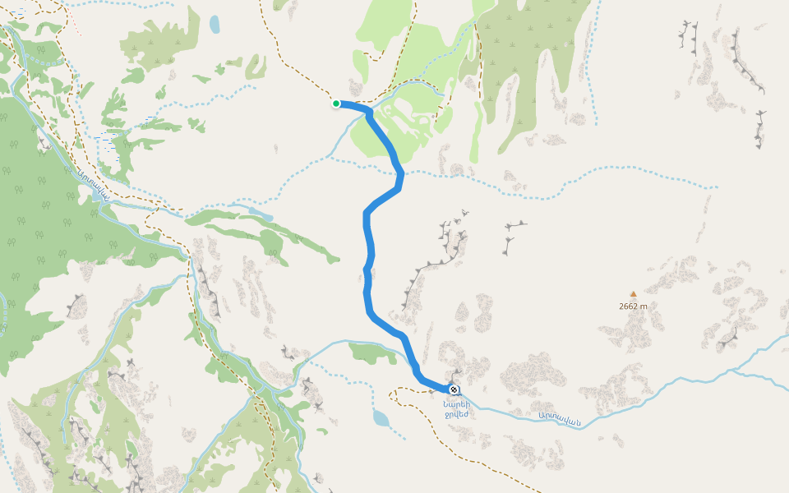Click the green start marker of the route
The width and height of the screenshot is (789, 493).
pos(336,104)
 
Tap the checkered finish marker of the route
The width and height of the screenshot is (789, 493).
pos(454,389)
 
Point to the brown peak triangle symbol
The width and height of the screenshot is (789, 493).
pos(633,294)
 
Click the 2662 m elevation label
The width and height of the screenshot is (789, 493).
pos(633,306)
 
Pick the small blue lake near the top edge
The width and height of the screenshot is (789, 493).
pos(215,25)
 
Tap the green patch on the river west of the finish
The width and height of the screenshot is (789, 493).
pos(372,353)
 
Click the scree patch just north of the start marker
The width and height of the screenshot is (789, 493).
pos(356,88)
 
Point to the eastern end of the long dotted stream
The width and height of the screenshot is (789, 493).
pos(717,187)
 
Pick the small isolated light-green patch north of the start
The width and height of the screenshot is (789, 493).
pos(360,64)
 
